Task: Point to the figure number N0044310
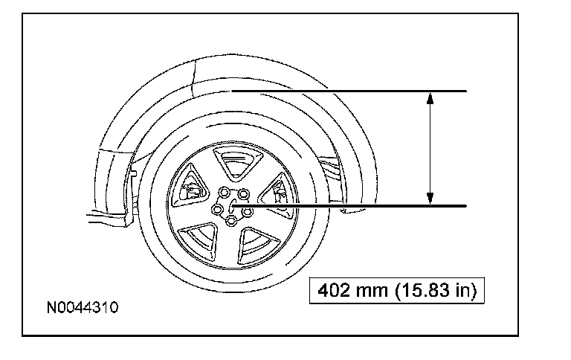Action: click(83, 307)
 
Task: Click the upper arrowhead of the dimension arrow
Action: click(430, 98)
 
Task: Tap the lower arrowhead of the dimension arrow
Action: click(430, 198)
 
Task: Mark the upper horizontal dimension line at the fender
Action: click(349, 91)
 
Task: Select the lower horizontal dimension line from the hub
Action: click(349, 206)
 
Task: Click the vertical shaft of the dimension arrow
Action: click(430, 148)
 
